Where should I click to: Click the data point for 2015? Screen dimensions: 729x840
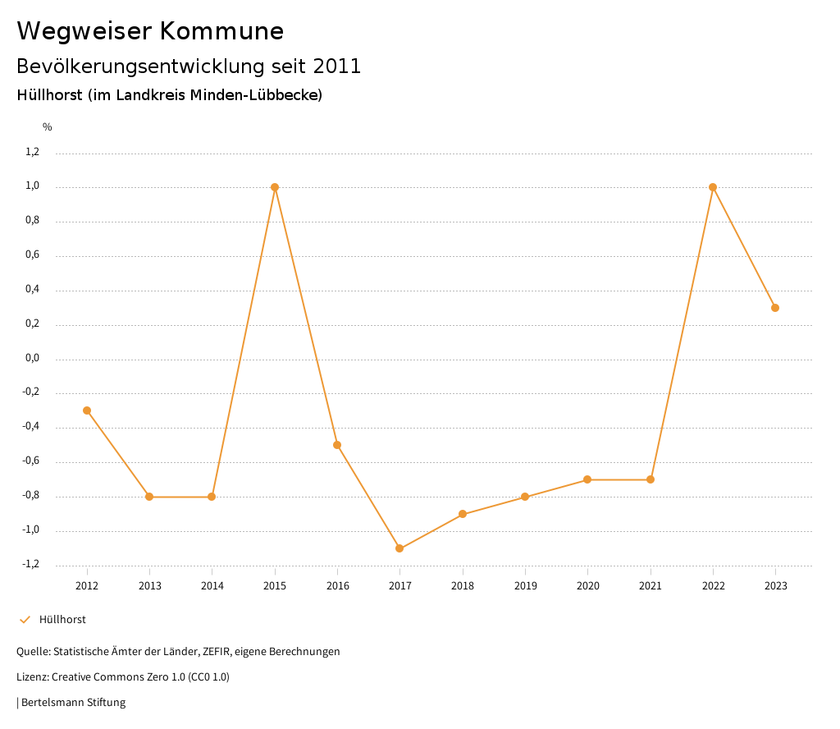coord(275,187)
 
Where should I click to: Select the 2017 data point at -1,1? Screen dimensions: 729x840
coord(399,548)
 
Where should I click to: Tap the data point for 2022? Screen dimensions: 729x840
coord(713,187)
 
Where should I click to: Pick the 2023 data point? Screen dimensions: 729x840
coord(775,308)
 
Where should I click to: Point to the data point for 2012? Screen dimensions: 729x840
coord(87,410)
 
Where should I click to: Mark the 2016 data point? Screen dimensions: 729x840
coord(337,445)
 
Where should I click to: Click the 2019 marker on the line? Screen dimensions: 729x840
coord(525,497)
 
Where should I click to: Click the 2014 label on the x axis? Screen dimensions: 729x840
coord(212,585)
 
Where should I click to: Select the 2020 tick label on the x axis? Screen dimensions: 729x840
coord(588,585)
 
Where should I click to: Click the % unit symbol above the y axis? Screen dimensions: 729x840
coord(48,127)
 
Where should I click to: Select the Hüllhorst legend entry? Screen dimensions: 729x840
coord(62,620)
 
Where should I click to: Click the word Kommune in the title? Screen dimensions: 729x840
coord(221,31)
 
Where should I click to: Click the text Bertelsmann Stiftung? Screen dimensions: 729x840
coord(73,703)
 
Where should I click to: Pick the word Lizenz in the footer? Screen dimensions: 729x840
coord(32,677)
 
